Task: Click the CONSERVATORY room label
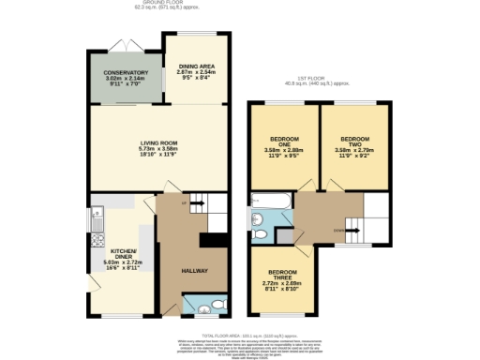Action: (127, 72)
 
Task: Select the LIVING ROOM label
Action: (157, 142)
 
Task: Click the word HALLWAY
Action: (193, 271)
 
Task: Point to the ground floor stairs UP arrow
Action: (198, 202)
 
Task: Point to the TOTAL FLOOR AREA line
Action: (240, 333)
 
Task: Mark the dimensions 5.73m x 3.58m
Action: (157, 149)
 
